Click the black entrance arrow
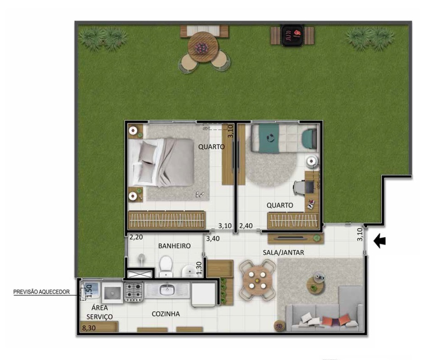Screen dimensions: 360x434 pos(381,241)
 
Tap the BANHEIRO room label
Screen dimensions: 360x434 pos(174,246)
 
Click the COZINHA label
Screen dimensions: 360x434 pos(166,314)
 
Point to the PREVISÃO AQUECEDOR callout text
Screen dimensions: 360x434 pos(42,292)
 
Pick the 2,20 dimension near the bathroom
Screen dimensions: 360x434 pos(136,237)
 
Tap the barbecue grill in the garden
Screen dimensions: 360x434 pos(292,34)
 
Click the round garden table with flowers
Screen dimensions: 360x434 pos(203,47)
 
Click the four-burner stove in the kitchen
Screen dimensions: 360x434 pos(134,292)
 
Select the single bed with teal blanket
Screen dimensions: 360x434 pos(283,138)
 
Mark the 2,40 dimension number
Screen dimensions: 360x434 pos(246,226)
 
